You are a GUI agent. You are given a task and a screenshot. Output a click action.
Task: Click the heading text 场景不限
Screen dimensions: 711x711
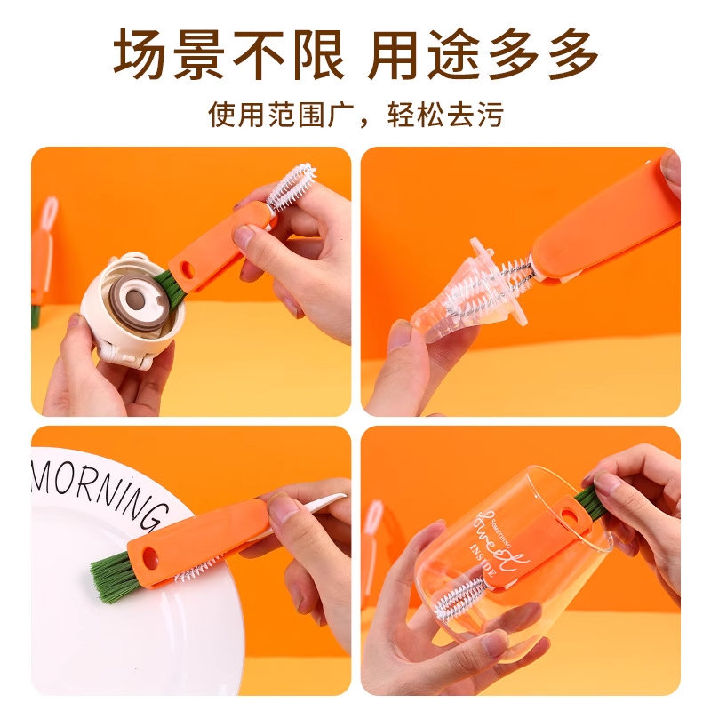coord(228,55)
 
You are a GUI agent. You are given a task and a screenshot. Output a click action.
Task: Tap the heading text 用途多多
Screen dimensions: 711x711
coord(483,55)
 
